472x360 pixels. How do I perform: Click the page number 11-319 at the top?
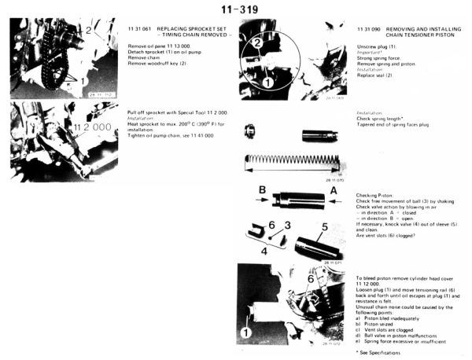235,9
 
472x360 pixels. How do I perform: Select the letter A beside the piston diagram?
333,189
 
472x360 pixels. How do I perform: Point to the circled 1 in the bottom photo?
246,333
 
